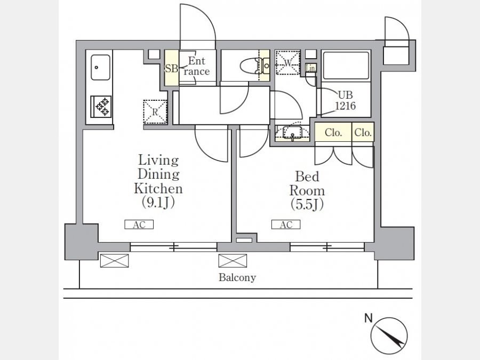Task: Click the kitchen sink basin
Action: tap(100, 67)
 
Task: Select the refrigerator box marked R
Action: tap(155, 112)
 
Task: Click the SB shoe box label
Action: tap(171, 68)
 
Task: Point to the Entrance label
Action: tap(196, 67)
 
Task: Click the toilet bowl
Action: tap(249, 66)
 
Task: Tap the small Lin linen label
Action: tap(311, 68)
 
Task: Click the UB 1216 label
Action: tap(345, 100)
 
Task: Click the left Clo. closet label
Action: tap(333, 133)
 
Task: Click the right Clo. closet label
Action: tap(363, 133)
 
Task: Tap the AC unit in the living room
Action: tap(139, 225)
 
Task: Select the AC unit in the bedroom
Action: tap(286, 225)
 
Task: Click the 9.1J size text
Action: tap(158, 202)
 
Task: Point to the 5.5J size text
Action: tap(307, 204)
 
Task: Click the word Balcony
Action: tap(237, 277)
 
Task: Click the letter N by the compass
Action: tap(368, 319)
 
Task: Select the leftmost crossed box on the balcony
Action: tap(115, 261)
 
